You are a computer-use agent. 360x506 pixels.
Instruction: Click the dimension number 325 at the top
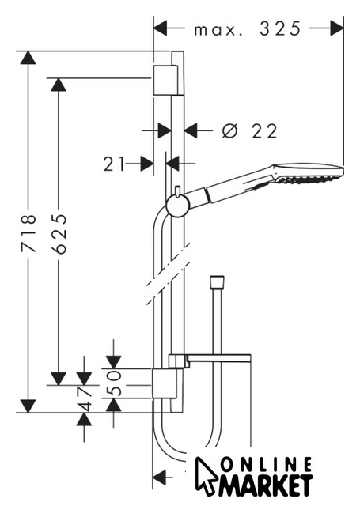click(x=280, y=28)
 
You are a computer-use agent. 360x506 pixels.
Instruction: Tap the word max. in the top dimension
click(x=218, y=30)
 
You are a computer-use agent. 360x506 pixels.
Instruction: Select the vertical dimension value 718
click(x=28, y=232)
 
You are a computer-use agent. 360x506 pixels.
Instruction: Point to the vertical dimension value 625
click(x=59, y=233)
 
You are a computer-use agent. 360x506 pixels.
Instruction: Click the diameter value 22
click(x=264, y=131)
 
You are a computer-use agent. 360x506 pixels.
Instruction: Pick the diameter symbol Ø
click(x=230, y=131)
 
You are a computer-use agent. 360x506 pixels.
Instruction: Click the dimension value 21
click(x=114, y=164)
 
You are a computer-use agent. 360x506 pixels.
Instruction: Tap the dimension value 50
click(x=114, y=383)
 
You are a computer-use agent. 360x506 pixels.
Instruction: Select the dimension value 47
click(x=84, y=398)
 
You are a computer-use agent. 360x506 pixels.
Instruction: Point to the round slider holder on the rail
click(x=176, y=206)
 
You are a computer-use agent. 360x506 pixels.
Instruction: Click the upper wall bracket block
click(x=165, y=80)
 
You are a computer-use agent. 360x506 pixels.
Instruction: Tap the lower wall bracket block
click(x=165, y=383)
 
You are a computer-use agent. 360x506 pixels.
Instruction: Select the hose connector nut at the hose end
click(x=217, y=281)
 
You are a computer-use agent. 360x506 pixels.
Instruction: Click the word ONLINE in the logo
click(x=267, y=465)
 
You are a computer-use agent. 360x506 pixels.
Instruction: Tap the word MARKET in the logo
click(x=265, y=485)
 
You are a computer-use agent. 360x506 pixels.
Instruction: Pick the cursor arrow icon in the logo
click(x=206, y=475)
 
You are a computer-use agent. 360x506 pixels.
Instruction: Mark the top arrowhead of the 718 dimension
click(x=28, y=58)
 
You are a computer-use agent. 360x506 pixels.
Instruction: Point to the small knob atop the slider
click(x=177, y=191)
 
